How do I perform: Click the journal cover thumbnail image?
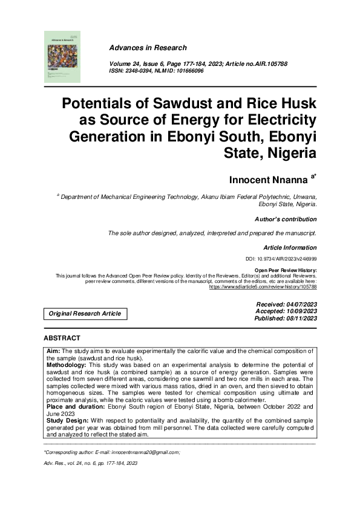62,56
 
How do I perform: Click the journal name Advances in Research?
148,48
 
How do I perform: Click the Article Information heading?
290,247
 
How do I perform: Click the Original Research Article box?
85,314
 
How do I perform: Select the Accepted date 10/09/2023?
300,311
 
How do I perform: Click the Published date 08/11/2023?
300,318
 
